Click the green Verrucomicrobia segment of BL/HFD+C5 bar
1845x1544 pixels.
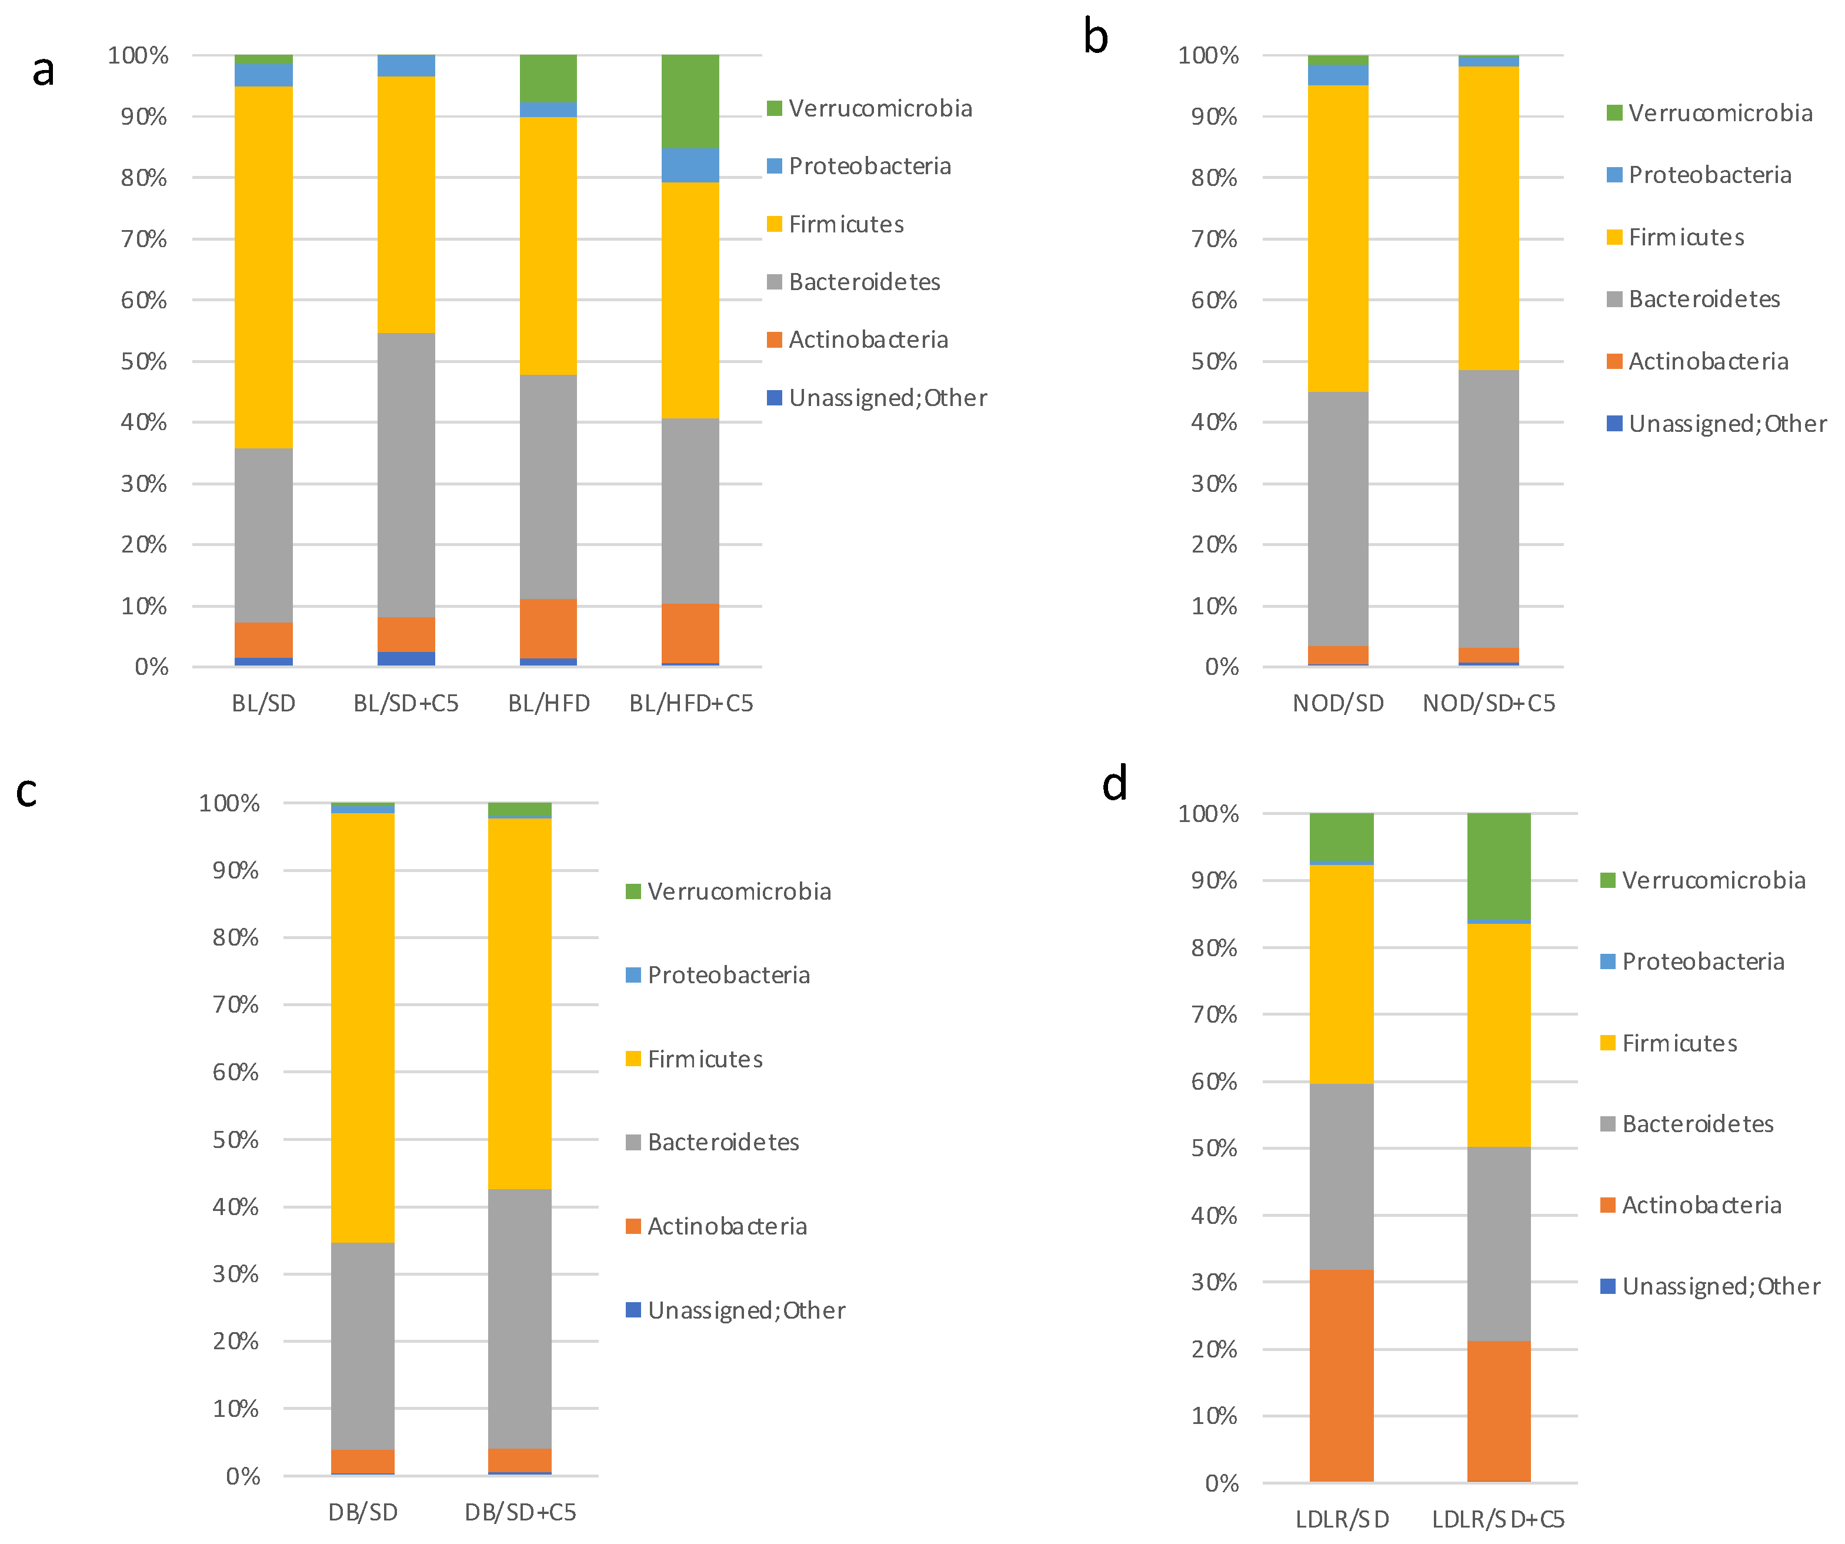coord(690,101)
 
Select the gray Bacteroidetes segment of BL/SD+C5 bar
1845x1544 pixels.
coord(406,474)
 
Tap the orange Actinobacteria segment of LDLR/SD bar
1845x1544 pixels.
coord(1341,1375)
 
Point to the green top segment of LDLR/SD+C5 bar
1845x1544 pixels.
coord(1499,865)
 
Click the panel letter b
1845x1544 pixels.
coord(1096,37)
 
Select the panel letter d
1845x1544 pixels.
coord(1114,783)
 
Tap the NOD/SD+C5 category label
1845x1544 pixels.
coord(1489,703)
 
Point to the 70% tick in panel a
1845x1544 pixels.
coord(144,239)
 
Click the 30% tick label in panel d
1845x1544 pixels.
coord(1214,1282)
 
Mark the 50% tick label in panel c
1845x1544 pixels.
coord(235,1140)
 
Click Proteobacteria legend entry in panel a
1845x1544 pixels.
coord(869,166)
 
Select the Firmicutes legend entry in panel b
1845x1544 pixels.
coord(1685,237)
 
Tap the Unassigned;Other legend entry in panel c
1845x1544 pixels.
coord(745,1310)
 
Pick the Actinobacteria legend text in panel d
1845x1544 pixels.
coord(1701,1205)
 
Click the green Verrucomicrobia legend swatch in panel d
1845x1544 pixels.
coord(1608,880)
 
